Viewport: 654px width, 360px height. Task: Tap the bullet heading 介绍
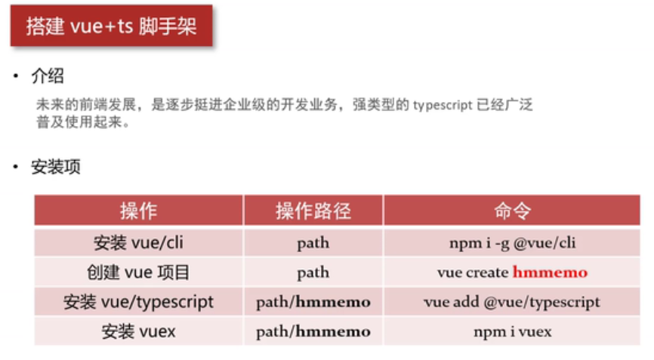[x=48, y=76]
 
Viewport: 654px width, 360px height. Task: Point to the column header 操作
[x=138, y=211]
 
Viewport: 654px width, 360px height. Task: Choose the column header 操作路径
[x=313, y=211]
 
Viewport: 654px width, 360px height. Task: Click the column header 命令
[x=512, y=211]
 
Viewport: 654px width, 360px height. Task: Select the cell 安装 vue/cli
[x=138, y=243]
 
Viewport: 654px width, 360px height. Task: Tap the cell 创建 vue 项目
[x=138, y=272]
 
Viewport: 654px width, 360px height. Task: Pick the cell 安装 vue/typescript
[x=138, y=302]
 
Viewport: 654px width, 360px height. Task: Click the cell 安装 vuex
[x=138, y=331]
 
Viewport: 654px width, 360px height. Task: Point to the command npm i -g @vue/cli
[x=512, y=243]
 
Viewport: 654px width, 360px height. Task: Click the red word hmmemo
[x=550, y=272]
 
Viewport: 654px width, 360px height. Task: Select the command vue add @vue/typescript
[x=512, y=302]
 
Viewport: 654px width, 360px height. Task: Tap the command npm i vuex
[x=512, y=331]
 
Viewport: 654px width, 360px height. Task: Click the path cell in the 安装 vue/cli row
[x=313, y=243]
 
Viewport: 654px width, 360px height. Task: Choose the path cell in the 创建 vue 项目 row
[x=313, y=272]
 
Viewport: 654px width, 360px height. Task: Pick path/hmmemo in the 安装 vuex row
[x=313, y=331]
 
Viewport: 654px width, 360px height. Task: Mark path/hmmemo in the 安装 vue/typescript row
[x=313, y=302]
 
